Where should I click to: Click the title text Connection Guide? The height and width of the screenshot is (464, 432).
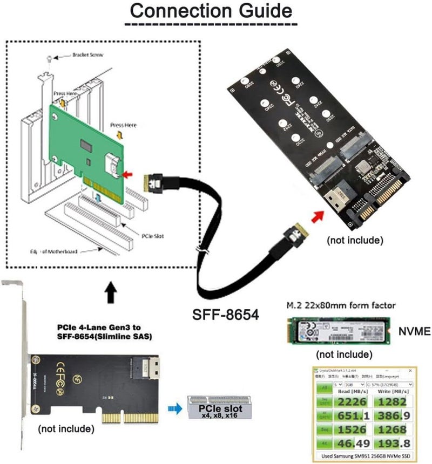click(x=210, y=11)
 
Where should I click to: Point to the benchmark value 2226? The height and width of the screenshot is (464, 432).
click(x=356, y=401)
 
